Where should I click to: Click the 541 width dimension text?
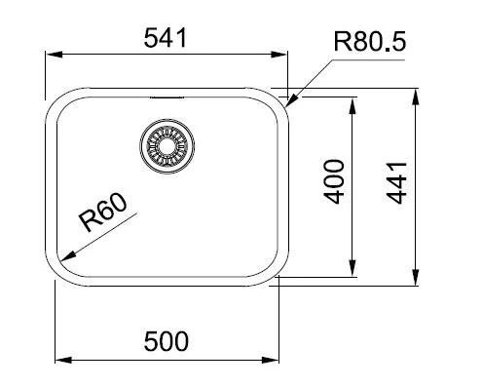pyautogui.click(x=166, y=38)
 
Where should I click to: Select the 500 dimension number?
pyautogui.click(x=166, y=341)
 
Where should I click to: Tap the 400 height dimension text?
pyautogui.click(x=334, y=181)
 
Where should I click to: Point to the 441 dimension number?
pyautogui.click(x=396, y=183)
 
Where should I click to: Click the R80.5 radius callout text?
pyautogui.click(x=370, y=42)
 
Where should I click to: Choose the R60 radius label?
pyautogui.click(x=103, y=213)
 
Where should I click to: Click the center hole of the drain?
pyautogui.click(x=167, y=146)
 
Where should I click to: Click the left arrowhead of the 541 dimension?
pyautogui.click(x=54, y=55)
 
